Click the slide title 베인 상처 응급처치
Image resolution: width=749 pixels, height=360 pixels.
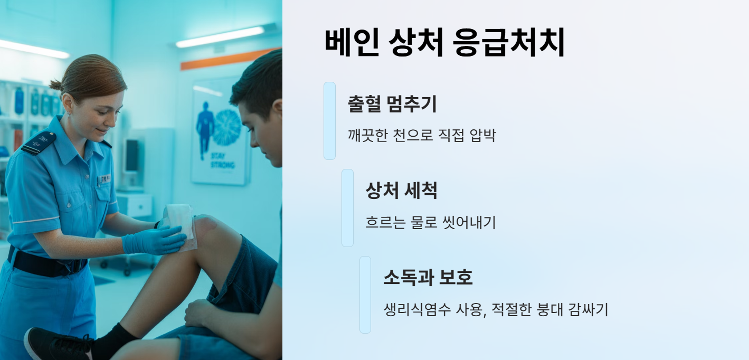tap(444, 43)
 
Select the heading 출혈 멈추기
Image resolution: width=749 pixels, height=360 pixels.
tap(392, 103)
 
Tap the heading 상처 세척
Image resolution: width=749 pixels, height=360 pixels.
tap(401, 191)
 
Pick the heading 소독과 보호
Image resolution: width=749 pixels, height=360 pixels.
tap(428, 277)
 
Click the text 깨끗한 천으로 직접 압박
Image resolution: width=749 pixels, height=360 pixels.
tap(422, 136)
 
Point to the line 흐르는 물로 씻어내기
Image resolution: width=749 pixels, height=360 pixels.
tap(430, 222)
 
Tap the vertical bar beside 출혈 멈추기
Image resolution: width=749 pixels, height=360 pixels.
tap(329, 120)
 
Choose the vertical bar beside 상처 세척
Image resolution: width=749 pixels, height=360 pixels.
tap(347, 207)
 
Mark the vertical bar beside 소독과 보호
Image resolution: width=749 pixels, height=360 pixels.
tap(365, 295)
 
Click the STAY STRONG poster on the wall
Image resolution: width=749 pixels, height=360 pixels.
tap(220, 132)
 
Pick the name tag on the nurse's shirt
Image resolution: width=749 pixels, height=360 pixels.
tap(103, 179)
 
